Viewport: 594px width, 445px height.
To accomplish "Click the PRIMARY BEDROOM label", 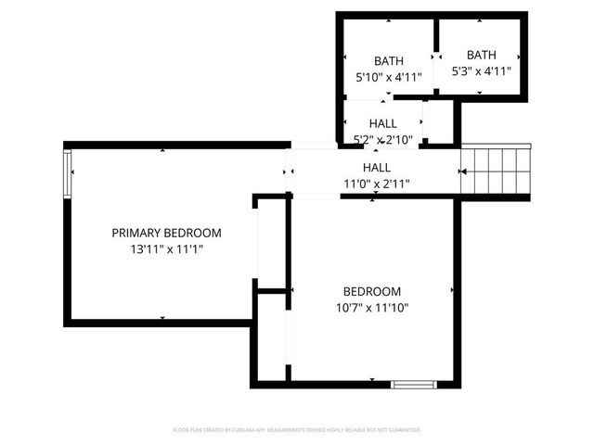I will [x=166, y=233].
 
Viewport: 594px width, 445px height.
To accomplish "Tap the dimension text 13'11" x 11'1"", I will [x=166, y=249].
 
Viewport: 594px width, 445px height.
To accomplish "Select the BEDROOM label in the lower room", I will [x=371, y=290].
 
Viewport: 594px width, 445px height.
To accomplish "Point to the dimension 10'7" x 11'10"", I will [x=371, y=307].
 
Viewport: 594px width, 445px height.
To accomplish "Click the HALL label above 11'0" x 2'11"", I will [x=376, y=168].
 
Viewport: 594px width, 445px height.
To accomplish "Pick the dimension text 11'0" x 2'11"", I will [x=376, y=184].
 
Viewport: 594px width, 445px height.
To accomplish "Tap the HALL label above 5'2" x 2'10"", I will [x=382, y=123].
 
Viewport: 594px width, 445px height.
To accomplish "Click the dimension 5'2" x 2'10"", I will [x=382, y=139].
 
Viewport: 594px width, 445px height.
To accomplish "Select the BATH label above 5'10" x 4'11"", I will [x=389, y=61].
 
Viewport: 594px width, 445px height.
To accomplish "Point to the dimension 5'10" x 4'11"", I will [x=389, y=78].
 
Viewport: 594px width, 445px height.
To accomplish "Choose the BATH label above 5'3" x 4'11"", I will [x=481, y=55].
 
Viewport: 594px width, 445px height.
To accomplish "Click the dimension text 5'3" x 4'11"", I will [x=481, y=70].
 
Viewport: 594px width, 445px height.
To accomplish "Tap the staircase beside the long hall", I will [x=497, y=171].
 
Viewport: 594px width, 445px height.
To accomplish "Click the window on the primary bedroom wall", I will [x=67, y=175].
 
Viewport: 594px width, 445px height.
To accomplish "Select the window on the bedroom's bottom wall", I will [x=412, y=383].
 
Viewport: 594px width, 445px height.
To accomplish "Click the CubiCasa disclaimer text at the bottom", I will [x=297, y=430].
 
